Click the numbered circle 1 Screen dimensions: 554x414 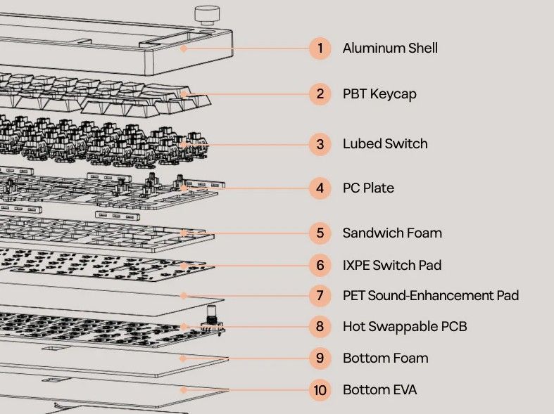point(320,48)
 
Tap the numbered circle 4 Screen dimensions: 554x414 point(320,188)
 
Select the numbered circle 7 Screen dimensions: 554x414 point(320,295)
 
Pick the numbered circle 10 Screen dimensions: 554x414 point(320,390)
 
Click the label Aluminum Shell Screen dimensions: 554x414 point(390,48)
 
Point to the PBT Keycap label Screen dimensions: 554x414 point(379,94)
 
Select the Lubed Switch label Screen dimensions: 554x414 point(385,144)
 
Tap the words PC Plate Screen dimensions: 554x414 point(368,188)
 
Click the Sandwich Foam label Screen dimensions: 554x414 point(392,233)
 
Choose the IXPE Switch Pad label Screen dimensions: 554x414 point(392,265)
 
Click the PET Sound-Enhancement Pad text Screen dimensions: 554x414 point(431,295)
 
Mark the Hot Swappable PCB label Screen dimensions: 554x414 point(405,327)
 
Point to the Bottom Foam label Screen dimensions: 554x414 point(386,358)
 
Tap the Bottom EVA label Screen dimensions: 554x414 point(380,390)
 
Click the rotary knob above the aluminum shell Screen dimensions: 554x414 point(207,15)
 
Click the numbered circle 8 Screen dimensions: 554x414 point(320,327)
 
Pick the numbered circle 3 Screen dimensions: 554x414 point(320,144)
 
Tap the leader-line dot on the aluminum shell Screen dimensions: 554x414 point(183,48)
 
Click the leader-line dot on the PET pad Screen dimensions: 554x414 point(183,295)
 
